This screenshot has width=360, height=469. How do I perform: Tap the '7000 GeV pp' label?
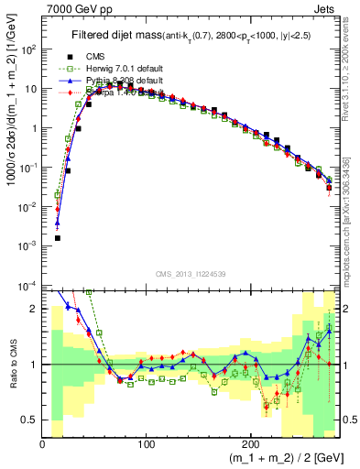tap(76, 7)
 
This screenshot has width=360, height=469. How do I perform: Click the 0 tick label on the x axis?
tap(42, 443)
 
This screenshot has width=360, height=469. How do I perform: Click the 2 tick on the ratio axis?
tap(33, 309)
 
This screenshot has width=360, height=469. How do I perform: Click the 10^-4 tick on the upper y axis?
tap(27, 286)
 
